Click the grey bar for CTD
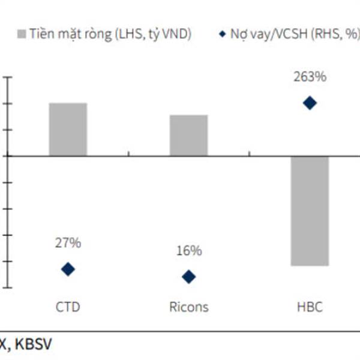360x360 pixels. coord(68,129)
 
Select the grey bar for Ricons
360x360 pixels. coord(188,135)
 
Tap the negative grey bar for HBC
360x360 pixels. coord(310,210)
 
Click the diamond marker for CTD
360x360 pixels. coord(68,269)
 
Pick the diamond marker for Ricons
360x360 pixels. coord(188,277)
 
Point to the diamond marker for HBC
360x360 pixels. coord(310,103)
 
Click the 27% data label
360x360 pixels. coord(68,243)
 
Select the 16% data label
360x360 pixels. coord(188,251)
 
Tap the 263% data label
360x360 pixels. coord(310,77)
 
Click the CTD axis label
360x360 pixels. coord(68,307)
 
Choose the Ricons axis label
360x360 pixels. coord(188,307)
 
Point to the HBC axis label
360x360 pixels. coord(310,307)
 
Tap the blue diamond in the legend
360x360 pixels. coord(221,35)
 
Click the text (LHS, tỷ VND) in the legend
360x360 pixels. coord(153,35)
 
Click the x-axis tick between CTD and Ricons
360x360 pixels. coord(128,156)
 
